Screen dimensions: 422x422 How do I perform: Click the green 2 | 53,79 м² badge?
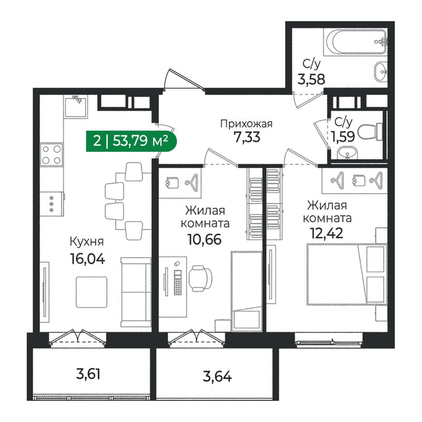tap(130, 141)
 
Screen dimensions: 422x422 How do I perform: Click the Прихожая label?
tap(246, 124)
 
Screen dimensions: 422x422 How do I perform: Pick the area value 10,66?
tap(204, 239)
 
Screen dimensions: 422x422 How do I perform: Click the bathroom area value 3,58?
tap(311, 80)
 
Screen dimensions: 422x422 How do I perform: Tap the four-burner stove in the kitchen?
tap(53, 155)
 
